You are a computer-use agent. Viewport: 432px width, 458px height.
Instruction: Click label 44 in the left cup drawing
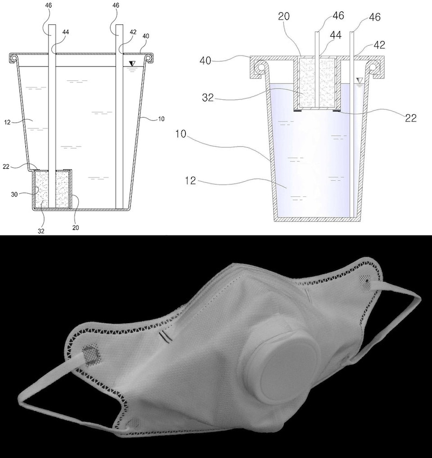click(66, 32)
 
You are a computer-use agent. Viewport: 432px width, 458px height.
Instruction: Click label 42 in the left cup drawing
click(133, 32)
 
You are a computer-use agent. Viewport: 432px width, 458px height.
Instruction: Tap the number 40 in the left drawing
click(146, 36)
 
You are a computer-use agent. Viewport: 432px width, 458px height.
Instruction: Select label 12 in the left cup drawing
click(8, 122)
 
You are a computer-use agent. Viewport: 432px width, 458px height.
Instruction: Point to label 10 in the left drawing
click(161, 119)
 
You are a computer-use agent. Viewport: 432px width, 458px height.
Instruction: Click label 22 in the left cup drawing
click(6, 167)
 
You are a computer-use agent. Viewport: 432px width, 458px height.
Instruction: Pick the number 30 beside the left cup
click(15, 194)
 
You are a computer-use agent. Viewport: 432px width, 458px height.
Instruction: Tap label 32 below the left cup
click(41, 231)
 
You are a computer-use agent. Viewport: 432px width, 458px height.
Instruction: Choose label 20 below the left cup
click(76, 228)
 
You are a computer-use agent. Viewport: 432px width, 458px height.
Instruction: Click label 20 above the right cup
click(284, 16)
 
